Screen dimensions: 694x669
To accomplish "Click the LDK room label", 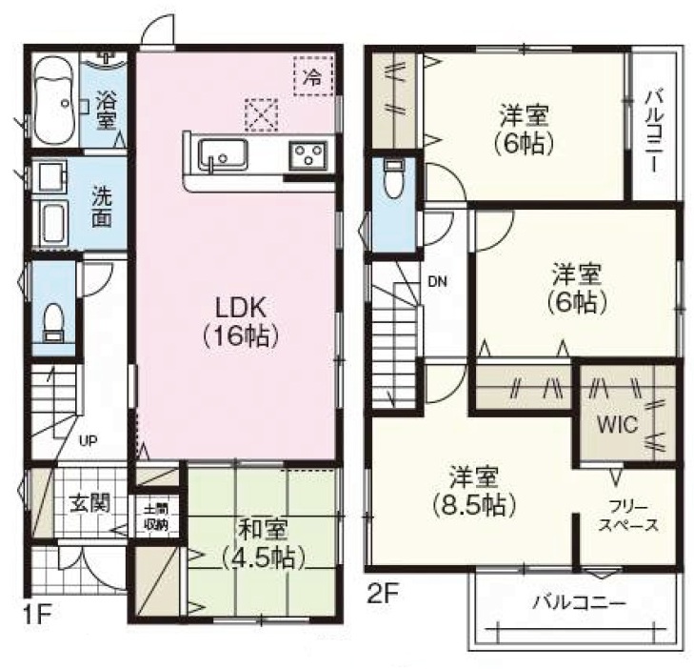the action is point(241,322).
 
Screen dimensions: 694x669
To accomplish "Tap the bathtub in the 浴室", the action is point(54,101).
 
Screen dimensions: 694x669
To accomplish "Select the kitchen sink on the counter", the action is point(223,154).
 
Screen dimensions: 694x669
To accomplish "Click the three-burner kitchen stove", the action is point(308,155).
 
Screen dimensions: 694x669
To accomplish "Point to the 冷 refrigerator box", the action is point(313,75).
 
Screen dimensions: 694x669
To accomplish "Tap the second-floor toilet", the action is point(392,179).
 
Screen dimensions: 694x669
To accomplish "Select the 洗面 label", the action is point(102,206).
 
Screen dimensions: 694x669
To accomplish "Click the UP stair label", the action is point(89,440).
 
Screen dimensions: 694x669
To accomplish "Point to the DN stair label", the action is point(437,281).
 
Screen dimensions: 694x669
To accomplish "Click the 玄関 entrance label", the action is point(90,503).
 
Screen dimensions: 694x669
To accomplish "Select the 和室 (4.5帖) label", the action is point(263,543).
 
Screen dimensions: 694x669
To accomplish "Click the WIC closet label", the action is point(618,424).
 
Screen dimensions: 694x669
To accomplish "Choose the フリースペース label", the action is point(628,517).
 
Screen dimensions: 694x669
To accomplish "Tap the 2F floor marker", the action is point(384,594).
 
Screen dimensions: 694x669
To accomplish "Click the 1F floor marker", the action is point(37,616).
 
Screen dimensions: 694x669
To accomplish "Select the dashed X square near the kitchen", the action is point(262,114).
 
